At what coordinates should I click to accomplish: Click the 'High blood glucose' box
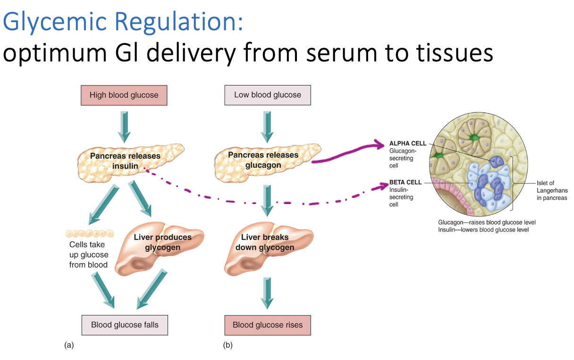[124, 95]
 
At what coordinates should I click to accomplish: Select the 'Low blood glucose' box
[267, 95]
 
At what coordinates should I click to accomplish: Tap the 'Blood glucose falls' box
[124, 325]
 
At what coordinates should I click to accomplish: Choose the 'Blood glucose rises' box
[267, 325]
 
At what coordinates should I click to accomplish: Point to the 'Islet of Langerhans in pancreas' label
[551, 190]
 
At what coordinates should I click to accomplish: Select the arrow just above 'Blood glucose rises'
[267, 293]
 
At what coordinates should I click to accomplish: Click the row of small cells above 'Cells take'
[90, 233]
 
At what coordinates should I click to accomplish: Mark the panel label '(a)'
[69, 345]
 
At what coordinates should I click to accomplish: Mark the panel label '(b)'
[228, 345]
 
